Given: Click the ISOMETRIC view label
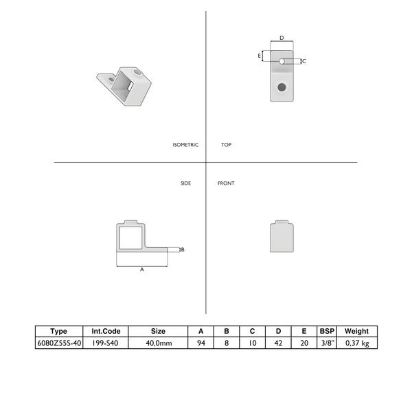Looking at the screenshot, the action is point(185,145).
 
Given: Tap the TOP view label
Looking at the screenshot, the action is point(226,145).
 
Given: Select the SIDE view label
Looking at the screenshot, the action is point(185,183).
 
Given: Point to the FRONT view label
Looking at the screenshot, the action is point(226,183).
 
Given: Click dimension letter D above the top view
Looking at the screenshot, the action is point(282,38).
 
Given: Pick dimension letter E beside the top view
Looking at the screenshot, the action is point(260,56).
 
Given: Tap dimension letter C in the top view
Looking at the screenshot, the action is point(304,61).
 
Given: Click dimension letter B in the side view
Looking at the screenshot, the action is point(183,250).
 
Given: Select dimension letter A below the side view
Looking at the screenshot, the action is point(142,270).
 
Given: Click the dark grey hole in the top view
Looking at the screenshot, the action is point(282,87).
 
